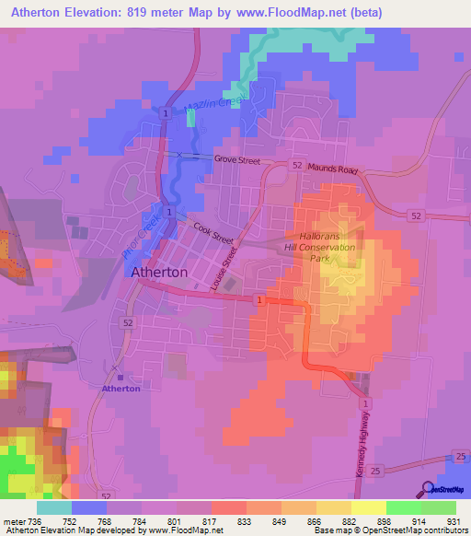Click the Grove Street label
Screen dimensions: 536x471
click(237, 160)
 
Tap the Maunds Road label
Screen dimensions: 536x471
click(333, 170)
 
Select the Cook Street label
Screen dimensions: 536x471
click(213, 232)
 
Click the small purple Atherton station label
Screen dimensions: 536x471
click(121, 389)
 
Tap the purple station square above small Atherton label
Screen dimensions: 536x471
click(121, 377)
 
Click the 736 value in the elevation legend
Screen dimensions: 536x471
click(34, 522)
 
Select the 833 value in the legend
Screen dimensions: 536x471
click(244, 522)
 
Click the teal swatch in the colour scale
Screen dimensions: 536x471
click(54, 507)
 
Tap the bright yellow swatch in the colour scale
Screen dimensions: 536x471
click(369, 507)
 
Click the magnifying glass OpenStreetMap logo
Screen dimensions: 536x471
click(428, 489)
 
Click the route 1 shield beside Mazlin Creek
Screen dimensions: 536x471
click(165, 112)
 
